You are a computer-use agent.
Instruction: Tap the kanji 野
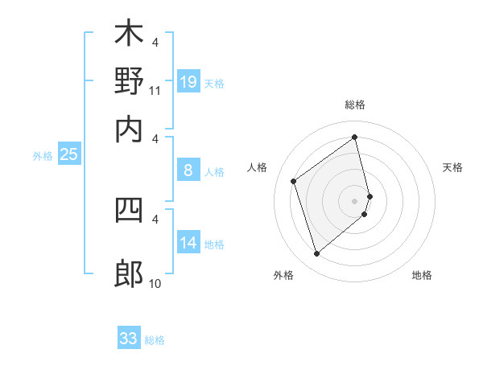[x=129, y=80]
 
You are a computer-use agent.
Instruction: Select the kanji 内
[x=129, y=129]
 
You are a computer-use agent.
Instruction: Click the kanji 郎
[x=129, y=273]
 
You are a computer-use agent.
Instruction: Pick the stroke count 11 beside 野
[x=155, y=91]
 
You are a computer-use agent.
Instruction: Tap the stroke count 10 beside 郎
[x=155, y=284]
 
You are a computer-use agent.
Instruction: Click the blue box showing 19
[x=188, y=81]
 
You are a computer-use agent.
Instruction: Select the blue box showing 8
[x=188, y=170]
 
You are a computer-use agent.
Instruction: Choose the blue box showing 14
[x=188, y=242]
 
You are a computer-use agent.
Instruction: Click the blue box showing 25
[x=68, y=154]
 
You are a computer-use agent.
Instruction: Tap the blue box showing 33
[x=128, y=339]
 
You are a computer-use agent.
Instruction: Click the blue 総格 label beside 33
[x=155, y=340]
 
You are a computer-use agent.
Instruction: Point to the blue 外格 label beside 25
[x=43, y=156]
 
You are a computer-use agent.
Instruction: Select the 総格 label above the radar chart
[x=355, y=105]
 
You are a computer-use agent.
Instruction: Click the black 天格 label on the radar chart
[x=453, y=167]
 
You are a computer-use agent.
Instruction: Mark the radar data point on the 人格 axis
[x=294, y=181]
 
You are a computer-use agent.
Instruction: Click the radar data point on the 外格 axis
[x=316, y=254]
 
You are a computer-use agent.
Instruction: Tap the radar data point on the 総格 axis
[x=355, y=138]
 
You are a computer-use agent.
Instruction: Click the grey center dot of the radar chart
[x=355, y=200]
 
